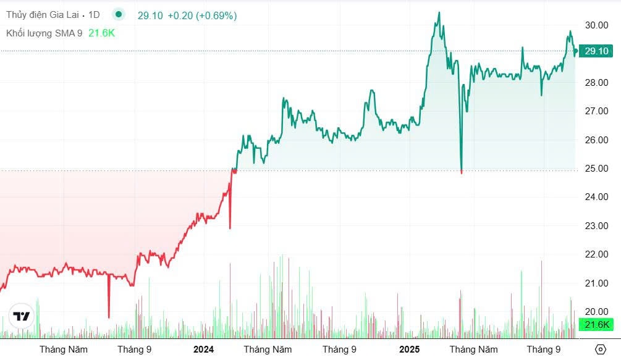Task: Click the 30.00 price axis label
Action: (x=598, y=25)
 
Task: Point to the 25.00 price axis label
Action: (x=598, y=169)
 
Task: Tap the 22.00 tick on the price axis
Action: (x=598, y=254)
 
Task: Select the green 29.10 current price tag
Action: (x=597, y=51)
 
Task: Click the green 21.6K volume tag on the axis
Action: (x=597, y=325)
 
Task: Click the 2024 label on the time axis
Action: (x=203, y=350)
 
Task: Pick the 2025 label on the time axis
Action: (x=409, y=350)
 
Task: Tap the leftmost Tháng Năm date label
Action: (x=64, y=350)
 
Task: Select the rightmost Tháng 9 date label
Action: (x=543, y=350)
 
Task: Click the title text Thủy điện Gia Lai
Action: (x=42, y=15)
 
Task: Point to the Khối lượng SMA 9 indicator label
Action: (x=44, y=33)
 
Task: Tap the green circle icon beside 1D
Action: (x=119, y=15)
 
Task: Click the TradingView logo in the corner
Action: (x=22, y=316)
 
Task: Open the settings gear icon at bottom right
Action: (x=599, y=350)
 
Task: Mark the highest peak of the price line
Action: (x=439, y=12)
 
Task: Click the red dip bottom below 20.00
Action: (x=109, y=317)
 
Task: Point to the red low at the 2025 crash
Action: (x=462, y=172)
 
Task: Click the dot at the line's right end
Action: (x=575, y=51)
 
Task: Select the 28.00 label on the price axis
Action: (x=598, y=83)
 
